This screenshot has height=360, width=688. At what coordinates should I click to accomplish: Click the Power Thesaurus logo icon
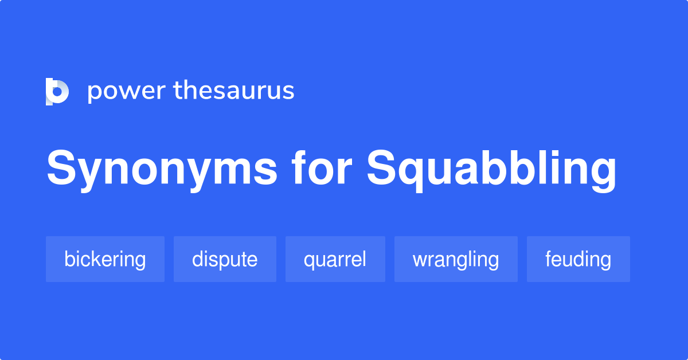pos(57,92)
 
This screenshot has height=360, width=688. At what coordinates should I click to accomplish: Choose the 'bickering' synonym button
pos(105,259)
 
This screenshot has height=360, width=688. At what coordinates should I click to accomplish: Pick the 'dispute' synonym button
pos(225,259)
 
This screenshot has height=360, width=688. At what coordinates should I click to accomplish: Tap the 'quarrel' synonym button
pos(335,259)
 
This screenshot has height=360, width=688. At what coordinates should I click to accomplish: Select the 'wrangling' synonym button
pos(456,259)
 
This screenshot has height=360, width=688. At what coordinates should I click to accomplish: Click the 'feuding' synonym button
pos(578,259)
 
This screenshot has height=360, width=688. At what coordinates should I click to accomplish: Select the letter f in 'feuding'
pos(549,259)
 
